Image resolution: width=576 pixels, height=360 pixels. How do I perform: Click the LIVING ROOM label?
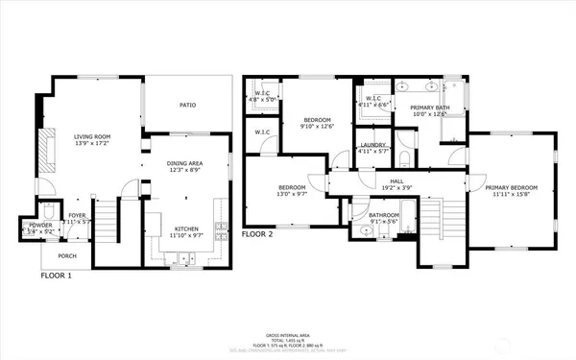(93, 136)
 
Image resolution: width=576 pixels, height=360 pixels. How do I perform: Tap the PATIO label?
(188, 105)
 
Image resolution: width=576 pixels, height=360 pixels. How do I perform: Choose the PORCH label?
(64, 255)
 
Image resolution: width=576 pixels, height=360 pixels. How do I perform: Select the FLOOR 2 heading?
(257, 233)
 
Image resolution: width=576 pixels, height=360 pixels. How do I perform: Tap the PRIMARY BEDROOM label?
(511, 187)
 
